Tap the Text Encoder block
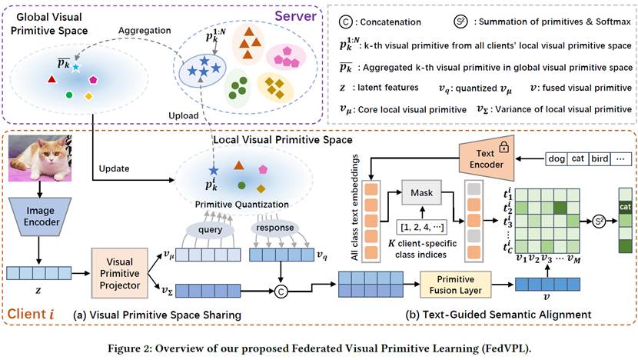[x=479, y=158]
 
